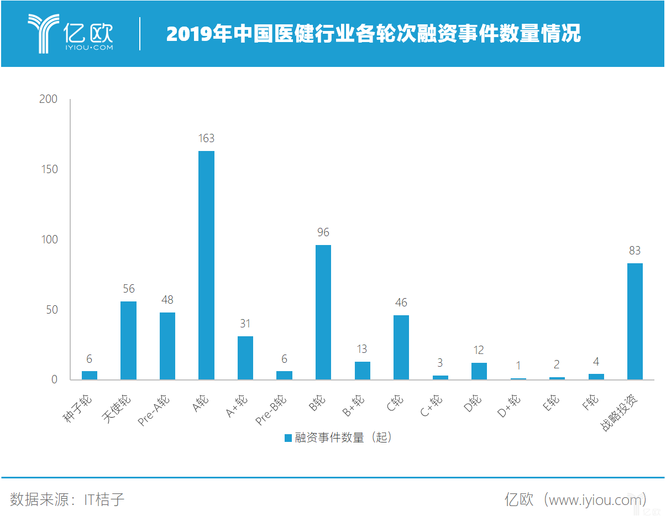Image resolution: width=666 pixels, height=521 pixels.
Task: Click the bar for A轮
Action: pyautogui.click(x=206, y=265)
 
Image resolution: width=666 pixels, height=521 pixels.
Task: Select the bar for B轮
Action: pyautogui.click(x=323, y=312)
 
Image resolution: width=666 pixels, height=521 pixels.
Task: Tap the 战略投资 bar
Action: pyautogui.click(x=634, y=321)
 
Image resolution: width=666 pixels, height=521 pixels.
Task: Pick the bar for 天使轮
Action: pyautogui.click(x=128, y=341)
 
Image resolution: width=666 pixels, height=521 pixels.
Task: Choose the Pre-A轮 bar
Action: pyautogui.click(x=167, y=346)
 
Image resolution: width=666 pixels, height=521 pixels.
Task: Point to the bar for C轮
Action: pyautogui.click(x=401, y=347)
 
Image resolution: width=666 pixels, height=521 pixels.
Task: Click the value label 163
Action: pyautogui.click(x=206, y=138)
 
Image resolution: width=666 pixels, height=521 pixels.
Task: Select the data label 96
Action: pyautogui.click(x=323, y=232)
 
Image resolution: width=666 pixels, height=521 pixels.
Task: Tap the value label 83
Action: pyautogui.click(x=634, y=251)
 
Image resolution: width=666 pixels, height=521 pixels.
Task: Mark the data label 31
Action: pyautogui.click(x=245, y=324)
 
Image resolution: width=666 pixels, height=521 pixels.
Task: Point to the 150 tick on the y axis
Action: pyautogui.click(x=49, y=169)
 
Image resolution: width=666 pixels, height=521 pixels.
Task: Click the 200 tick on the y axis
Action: pyautogui.click(x=49, y=99)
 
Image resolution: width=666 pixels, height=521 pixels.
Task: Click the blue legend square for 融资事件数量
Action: pyautogui.click(x=288, y=438)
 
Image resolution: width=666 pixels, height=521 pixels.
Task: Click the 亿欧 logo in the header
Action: pyautogui.click(x=71, y=34)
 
